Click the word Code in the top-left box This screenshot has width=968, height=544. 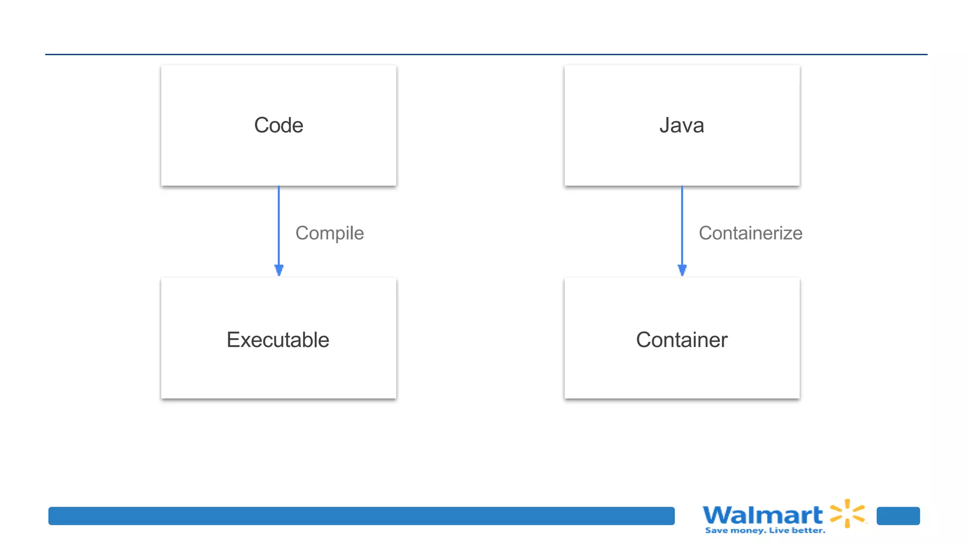pos(278,125)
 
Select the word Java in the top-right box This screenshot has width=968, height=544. pos(682,125)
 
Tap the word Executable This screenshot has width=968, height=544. pos(278,340)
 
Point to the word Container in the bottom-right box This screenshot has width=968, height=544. pos(682,340)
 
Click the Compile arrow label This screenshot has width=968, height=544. pos(329,233)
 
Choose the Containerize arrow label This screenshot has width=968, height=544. pos(750,233)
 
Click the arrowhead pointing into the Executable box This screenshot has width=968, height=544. pos(279,270)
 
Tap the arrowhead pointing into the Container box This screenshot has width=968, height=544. pos(682,270)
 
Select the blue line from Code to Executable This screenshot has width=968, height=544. pos(279,222)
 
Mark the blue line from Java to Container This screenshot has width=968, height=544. pos(682,222)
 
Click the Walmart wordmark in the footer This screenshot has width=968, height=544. pos(762,515)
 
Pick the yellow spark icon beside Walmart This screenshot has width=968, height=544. pos(848,513)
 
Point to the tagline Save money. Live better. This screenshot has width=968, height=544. pos(765,531)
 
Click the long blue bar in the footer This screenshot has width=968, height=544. pos(361,516)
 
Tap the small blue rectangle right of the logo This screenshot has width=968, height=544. pos(898,516)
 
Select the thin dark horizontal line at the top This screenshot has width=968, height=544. pos(486,54)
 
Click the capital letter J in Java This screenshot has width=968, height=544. pos(665,125)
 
